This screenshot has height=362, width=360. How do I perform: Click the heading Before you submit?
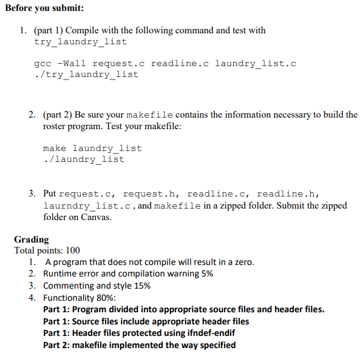point(43,7)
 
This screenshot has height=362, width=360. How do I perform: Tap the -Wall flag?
point(71,63)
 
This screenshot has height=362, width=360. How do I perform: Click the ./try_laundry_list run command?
point(87,75)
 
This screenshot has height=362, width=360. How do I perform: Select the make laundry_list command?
point(92,148)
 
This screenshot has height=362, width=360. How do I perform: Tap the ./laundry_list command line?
point(84,159)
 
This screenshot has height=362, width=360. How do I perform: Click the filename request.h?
point(149,193)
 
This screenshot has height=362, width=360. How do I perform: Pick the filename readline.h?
point(286,193)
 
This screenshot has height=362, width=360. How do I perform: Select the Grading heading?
point(32,239)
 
